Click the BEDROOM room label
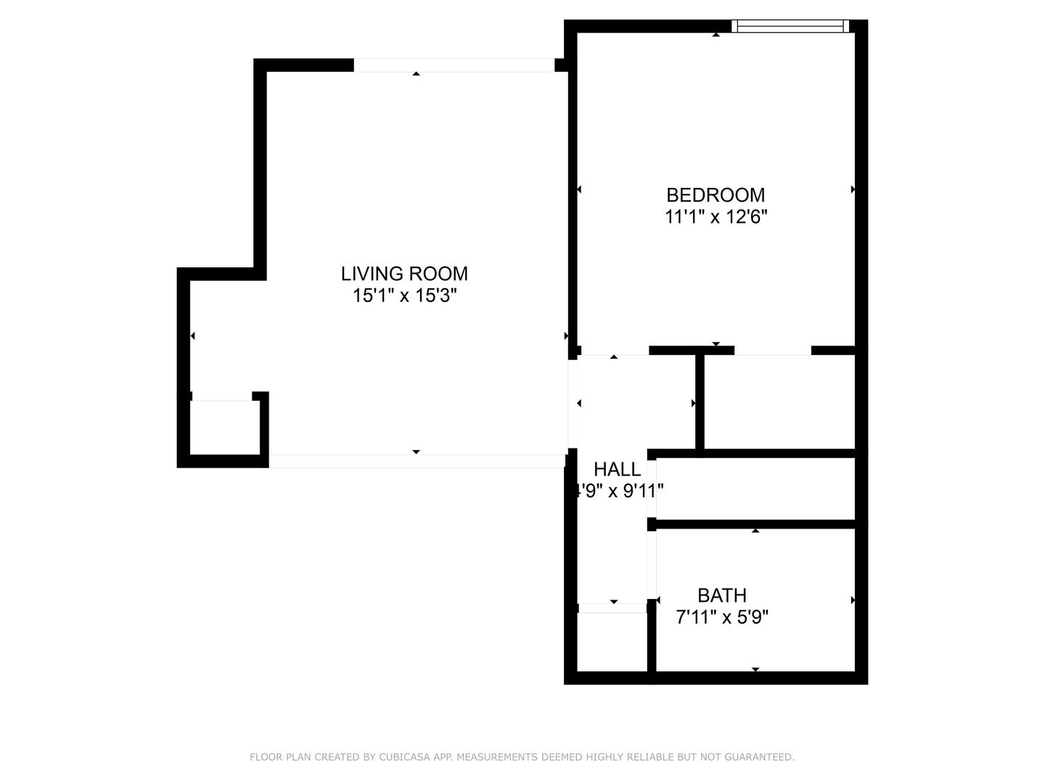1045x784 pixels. (x=715, y=195)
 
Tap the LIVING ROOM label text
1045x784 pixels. (x=404, y=274)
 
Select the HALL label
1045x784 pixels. (x=617, y=469)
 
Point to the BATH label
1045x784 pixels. (x=721, y=595)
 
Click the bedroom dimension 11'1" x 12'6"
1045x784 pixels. (x=716, y=217)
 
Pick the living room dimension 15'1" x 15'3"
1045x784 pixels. (x=404, y=295)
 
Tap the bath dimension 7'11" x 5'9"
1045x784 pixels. (x=721, y=618)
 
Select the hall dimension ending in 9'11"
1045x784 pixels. (x=618, y=491)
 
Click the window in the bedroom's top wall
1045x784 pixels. (x=790, y=27)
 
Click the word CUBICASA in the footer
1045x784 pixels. (x=404, y=757)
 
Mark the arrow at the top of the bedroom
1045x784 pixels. (x=716, y=34)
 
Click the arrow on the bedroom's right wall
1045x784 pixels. (x=853, y=189)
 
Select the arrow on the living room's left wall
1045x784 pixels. (x=193, y=335)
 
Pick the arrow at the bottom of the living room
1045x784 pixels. (x=416, y=452)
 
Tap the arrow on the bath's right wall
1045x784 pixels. (x=853, y=600)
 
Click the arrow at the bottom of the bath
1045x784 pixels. (x=755, y=669)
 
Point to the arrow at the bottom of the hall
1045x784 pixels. (x=614, y=602)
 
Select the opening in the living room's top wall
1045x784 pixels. (x=454, y=65)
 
